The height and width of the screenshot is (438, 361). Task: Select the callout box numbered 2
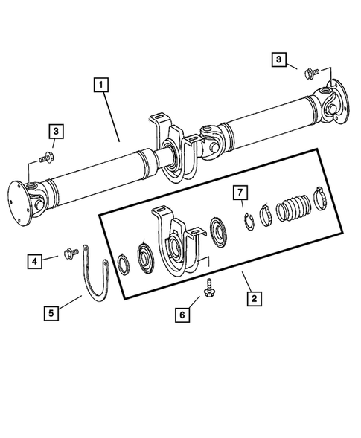pos(254,298)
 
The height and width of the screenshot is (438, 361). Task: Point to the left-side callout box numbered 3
pos(57,132)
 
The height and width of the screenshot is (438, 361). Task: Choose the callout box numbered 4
pos(34,260)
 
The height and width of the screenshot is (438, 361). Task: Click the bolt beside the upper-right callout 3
pos(312,72)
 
